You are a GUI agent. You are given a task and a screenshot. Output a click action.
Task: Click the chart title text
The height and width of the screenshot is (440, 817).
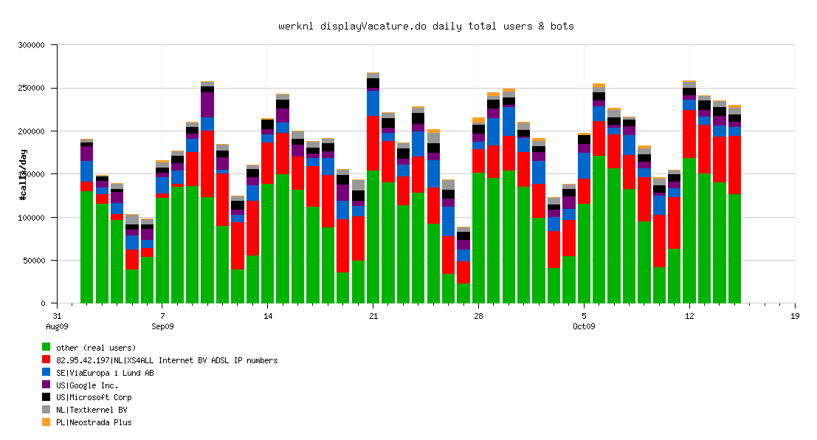tap(426, 26)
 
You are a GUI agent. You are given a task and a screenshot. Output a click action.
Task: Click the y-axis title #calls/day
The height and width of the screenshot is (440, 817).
tap(24, 174)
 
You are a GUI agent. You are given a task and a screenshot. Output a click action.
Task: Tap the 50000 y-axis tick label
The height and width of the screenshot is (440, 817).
tap(33, 261)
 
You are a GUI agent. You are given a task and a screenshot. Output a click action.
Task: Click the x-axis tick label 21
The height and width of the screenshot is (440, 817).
tap(373, 316)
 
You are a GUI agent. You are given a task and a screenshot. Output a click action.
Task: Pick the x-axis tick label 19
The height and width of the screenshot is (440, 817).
tap(795, 316)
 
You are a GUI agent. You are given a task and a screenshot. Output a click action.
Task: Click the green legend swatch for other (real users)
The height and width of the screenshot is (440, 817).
tap(46, 348)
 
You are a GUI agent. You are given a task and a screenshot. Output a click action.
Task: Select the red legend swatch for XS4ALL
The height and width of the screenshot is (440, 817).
tap(46, 360)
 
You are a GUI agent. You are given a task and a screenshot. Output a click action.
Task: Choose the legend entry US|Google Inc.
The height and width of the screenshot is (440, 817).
tap(87, 385)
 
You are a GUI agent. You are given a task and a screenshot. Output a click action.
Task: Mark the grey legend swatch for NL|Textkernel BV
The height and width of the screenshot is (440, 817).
tap(46, 410)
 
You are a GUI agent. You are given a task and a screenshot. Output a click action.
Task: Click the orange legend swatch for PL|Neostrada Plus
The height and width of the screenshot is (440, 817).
tap(46, 422)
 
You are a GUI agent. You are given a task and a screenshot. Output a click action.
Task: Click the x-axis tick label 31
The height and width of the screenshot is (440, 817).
tap(57, 316)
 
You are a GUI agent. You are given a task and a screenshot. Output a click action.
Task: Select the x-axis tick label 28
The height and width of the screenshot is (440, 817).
tap(478, 316)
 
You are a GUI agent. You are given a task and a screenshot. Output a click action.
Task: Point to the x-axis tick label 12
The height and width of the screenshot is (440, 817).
tap(689, 316)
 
